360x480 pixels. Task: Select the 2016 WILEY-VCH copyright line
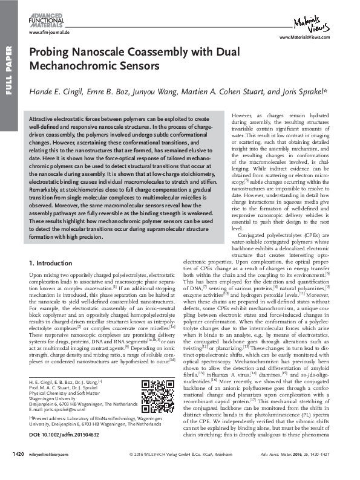pyautogui.click(x=181, y=470)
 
